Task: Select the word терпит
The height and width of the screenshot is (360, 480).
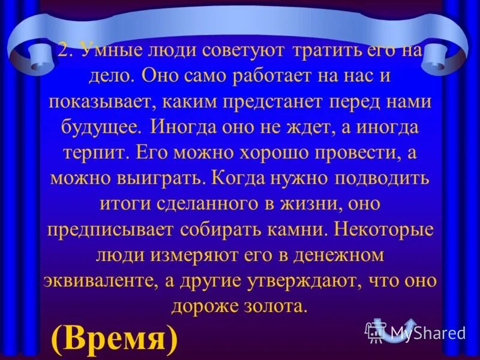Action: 91,152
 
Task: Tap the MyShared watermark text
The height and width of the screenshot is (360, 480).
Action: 428,332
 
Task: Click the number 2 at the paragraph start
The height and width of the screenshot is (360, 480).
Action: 64,51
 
